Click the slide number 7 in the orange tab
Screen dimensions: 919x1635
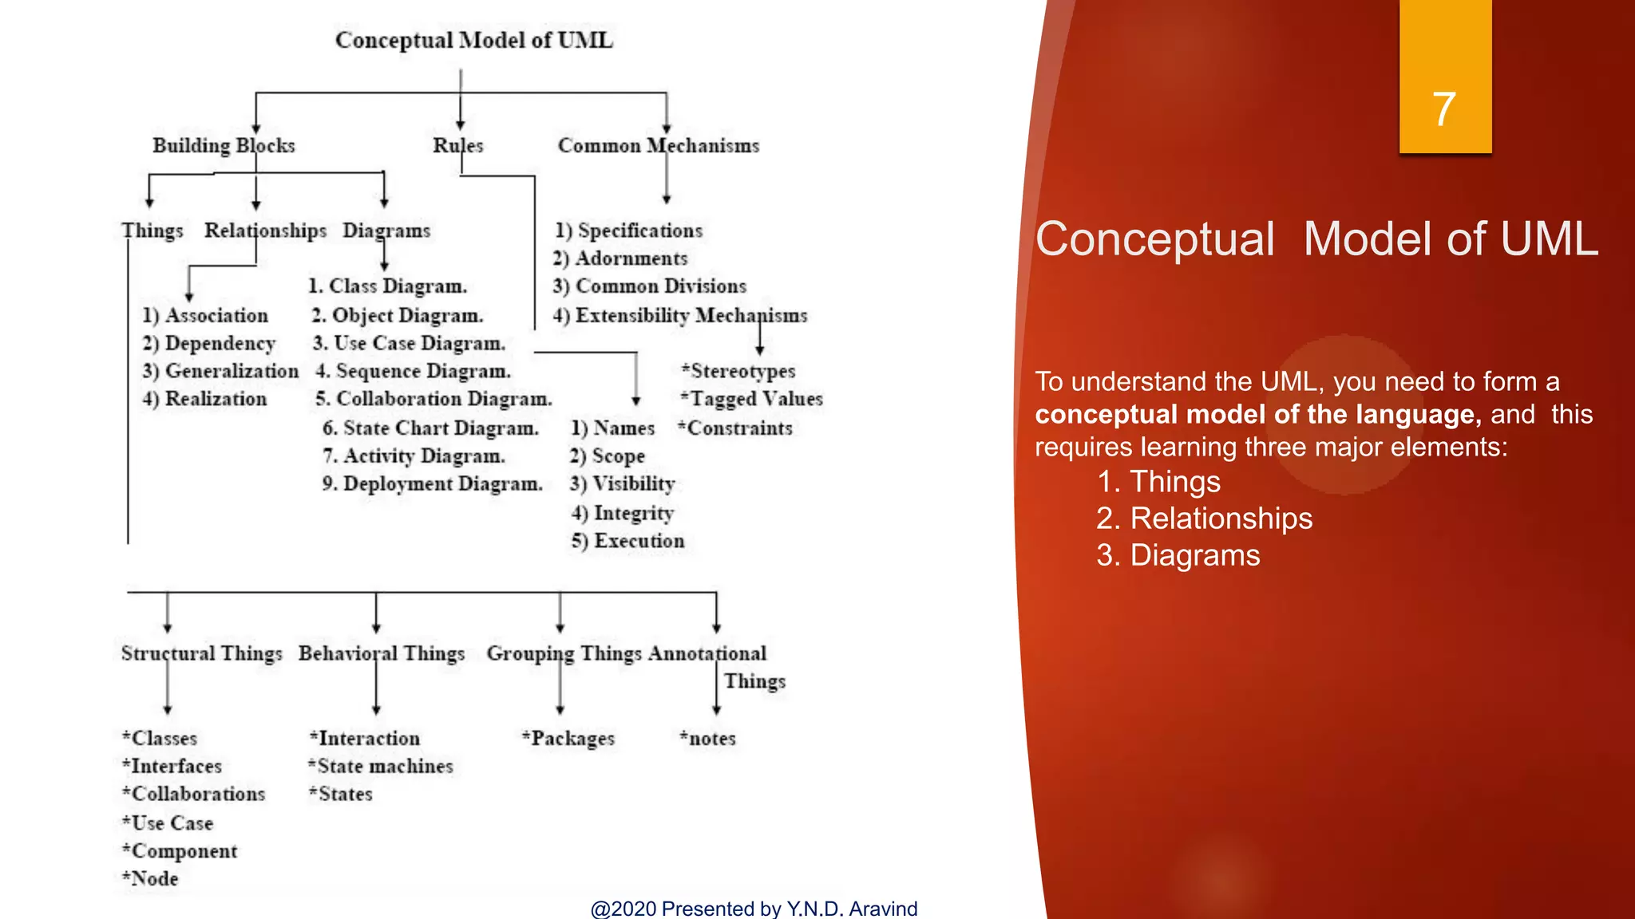click(x=1443, y=109)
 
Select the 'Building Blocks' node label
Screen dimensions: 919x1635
click(x=224, y=145)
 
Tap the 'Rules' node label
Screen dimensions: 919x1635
click(x=457, y=145)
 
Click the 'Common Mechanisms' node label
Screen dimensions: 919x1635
click(x=658, y=145)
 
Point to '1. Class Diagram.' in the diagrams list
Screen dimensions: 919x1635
click(x=387, y=286)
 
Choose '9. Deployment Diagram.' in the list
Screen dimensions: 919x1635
click(x=432, y=483)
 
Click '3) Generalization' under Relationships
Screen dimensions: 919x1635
click(x=220, y=371)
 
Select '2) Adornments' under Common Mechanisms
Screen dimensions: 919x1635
click(x=620, y=258)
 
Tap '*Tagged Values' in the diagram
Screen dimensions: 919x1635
click(x=751, y=399)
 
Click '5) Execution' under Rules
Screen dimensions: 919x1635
click(x=627, y=541)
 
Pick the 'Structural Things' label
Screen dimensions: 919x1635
click(x=201, y=653)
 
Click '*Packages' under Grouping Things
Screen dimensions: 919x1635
click(x=568, y=739)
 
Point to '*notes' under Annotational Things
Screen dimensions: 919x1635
click(x=707, y=739)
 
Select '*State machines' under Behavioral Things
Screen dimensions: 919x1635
click(x=381, y=767)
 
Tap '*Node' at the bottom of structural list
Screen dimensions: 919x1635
click(x=150, y=878)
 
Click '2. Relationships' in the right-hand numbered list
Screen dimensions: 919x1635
click(x=1204, y=519)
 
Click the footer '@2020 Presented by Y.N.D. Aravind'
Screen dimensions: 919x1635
click(x=754, y=908)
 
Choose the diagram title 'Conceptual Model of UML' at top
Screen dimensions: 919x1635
click(x=473, y=40)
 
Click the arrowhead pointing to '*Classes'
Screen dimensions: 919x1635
click(x=168, y=709)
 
